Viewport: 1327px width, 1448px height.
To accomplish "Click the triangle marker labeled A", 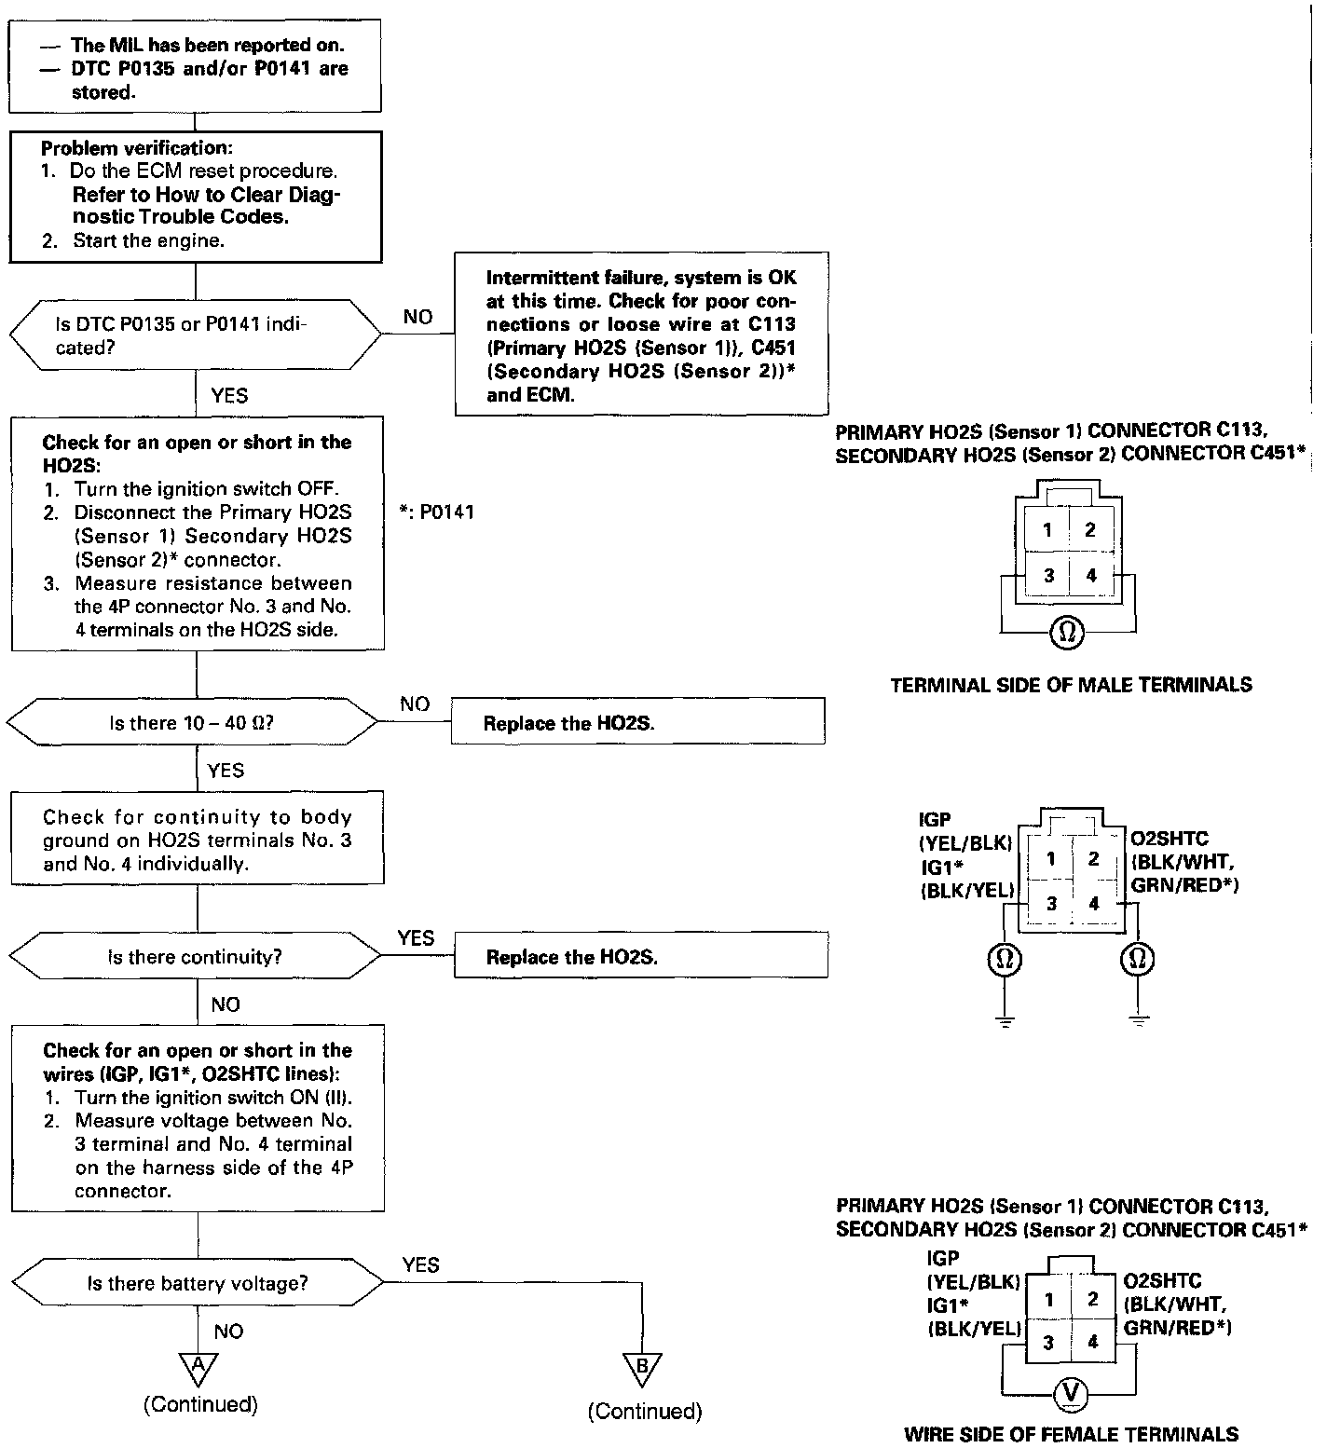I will coord(198,1367).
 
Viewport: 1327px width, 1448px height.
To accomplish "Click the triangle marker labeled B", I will coord(642,1367).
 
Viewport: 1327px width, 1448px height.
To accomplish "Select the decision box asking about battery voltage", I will coord(197,1283).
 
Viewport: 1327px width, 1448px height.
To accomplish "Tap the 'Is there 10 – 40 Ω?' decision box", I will coord(192,723).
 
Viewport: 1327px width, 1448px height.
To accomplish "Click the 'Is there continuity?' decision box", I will coord(196,957).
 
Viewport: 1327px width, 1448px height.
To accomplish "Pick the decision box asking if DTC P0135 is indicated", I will coord(196,335).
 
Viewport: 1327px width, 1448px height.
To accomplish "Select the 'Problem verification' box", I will coord(196,195).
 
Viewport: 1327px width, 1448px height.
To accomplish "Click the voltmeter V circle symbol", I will coord(1071,1393).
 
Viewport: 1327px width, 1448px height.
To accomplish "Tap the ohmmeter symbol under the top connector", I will coord(1067,633).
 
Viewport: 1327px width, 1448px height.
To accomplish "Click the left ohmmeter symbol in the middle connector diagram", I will coord(1005,959).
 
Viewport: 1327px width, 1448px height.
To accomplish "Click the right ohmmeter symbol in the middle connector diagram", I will coord(1137,959).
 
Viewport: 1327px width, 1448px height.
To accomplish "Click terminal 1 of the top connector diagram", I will coord(1047,530).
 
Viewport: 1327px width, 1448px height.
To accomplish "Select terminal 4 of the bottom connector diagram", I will coord(1092,1342).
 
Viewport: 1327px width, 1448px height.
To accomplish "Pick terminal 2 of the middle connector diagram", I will coord(1094,858).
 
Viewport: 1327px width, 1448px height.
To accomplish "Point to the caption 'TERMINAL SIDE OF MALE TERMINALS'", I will coord(1071,685).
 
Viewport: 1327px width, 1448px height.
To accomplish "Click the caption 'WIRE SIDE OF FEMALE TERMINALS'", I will coord(1071,1434).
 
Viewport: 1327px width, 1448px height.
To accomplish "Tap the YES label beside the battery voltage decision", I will coord(420,1264).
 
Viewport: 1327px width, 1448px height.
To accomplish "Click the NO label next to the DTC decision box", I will coord(417,317).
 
